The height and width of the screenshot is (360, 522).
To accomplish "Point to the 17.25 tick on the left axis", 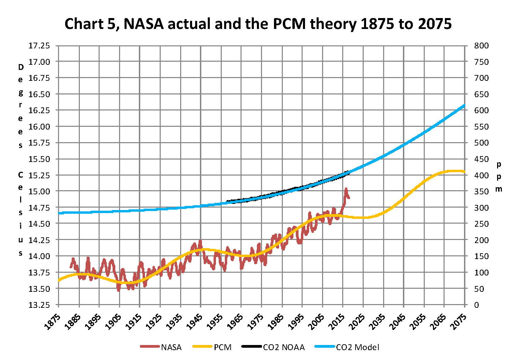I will (x=39, y=46).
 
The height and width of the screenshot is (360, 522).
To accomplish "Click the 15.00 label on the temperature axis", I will (x=39, y=191).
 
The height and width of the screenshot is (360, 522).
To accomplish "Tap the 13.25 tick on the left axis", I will (x=39, y=305).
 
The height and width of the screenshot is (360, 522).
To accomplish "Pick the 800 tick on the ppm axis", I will (x=481, y=46).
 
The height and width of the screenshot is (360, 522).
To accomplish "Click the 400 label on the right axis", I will (x=481, y=175).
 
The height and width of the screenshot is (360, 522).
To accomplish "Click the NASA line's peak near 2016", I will (x=346, y=189).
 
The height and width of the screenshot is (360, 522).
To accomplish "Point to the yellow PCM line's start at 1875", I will (x=59, y=280).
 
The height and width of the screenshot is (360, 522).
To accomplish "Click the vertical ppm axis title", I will (x=499, y=177).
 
